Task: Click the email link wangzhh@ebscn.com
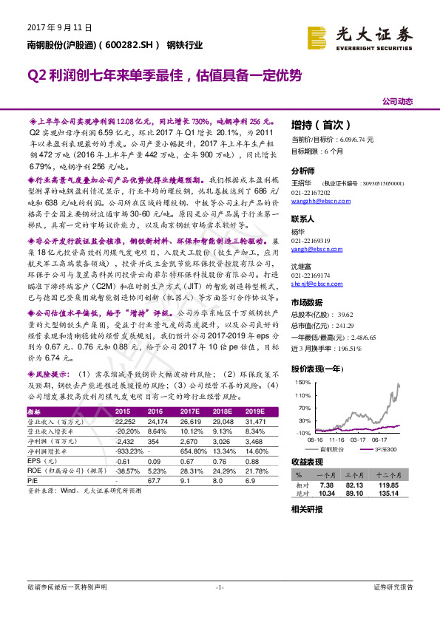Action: pyautogui.click(x=319, y=202)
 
